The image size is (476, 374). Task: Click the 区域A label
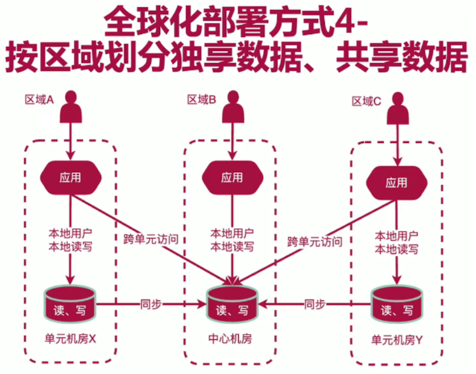[39, 100]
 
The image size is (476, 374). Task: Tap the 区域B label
[202, 100]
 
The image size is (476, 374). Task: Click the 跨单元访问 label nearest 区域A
[151, 239]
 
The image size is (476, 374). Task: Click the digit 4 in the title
[353, 22]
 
